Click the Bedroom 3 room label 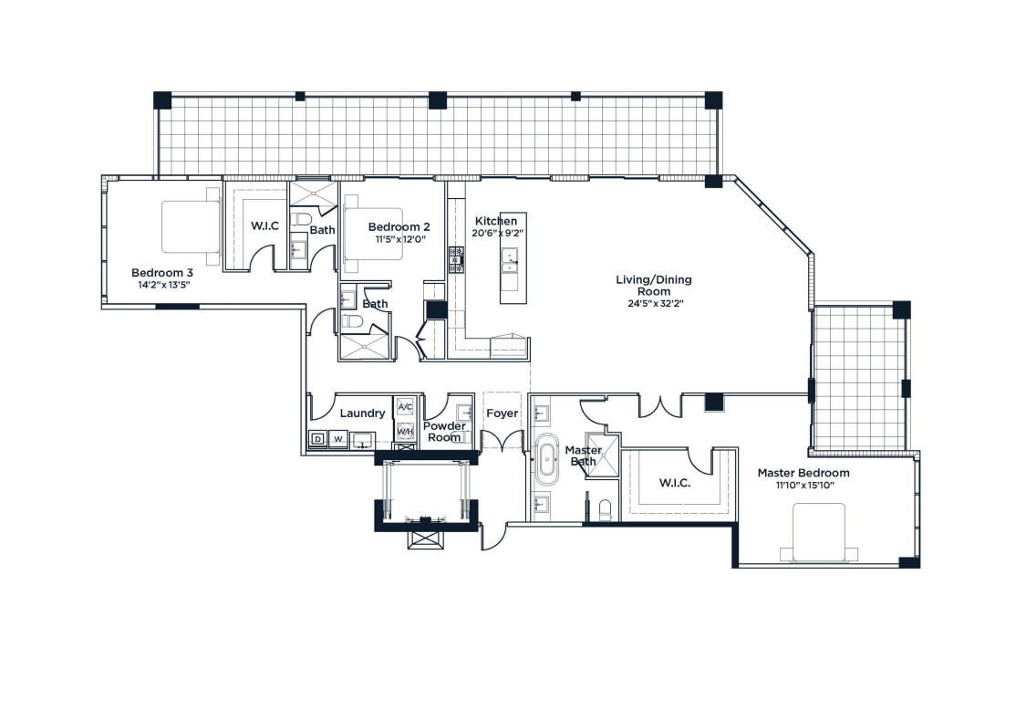coord(162,273)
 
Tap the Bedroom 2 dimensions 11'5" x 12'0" coord(400,239)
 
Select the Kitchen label coord(496,221)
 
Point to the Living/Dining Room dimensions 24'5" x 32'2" coord(654,303)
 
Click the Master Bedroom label coord(803,473)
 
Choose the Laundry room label coord(362,413)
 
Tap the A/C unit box coord(405,407)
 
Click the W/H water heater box coord(405,432)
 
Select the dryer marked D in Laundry coord(318,439)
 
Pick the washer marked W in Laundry coord(338,439)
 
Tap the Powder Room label coord(444,432)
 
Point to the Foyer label coord(502,413)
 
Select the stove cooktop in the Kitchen coord(456,259)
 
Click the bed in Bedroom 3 coord(192,226)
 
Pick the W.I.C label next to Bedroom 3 coord(264,226)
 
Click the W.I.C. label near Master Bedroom coord(675,484)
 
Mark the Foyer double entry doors coord(502,441)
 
